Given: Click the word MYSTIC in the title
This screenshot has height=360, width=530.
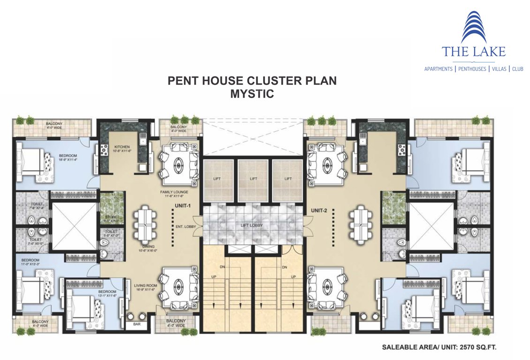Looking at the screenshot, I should pyautogui.click(x=252, y=94).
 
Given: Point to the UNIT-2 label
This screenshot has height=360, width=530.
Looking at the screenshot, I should pyautogui.click(x=319, y=210).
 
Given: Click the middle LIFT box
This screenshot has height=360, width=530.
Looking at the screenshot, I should pyautogui.click(x=253, y=179).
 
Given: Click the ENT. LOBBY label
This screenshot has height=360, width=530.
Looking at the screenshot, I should pyautogui.click(x=185, y=226).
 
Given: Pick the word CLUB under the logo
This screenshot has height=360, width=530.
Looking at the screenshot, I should pyautogui.click(x=517, y=69).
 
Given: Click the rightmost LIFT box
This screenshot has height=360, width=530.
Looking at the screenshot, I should pyautogui.click(x=288, y=179).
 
